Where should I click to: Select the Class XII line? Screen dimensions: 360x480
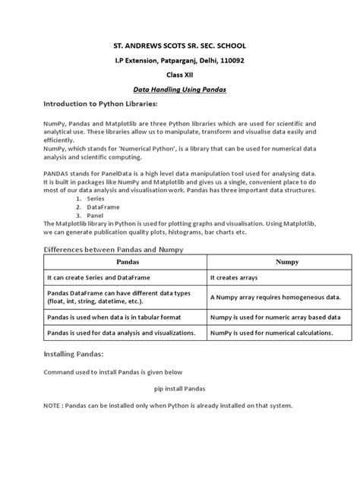pyautogui.click(x=180, y=74)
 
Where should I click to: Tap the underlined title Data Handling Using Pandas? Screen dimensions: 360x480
pyautogui.click(x=180, y=89)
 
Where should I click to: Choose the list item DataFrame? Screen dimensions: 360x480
pyautogui.click(x=102, y=207)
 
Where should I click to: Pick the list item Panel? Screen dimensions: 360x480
pyautogui.click(x=95, y=214)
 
